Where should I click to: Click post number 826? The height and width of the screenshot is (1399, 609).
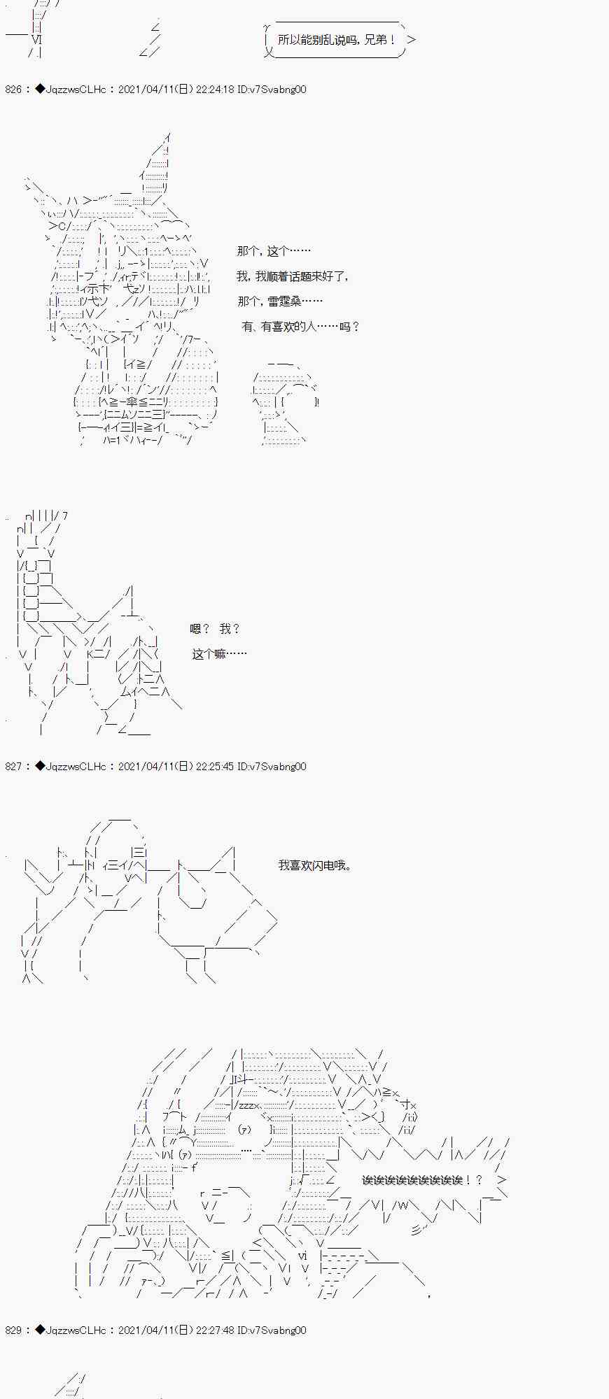(x=14, y=90)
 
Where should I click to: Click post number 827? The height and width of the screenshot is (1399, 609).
(x=14, y=767)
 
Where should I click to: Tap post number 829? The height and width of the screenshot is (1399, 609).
(x=14, y=1330)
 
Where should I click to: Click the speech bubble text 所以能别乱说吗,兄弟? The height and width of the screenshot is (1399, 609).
(x=337, y=40)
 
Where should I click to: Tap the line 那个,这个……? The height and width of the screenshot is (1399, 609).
(x=274, y=251)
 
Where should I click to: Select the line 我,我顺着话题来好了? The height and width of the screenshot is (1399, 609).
(x=293, y=276)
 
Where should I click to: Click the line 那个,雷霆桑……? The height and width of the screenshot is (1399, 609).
(x=280, y=301)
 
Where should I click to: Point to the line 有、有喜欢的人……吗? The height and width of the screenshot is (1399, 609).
(x=300, y=327)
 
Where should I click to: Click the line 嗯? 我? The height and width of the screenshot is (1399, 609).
(x=215, y=629)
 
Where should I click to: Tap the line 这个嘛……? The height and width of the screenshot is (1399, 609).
(x=219, y=654)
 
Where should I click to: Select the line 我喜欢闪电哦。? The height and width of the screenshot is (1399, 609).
(x=315, y=865)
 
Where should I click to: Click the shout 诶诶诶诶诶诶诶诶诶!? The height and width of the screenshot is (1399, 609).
(x=422, y=1180)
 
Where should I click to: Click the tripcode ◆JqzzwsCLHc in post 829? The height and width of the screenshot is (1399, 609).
(x=71, y=1330)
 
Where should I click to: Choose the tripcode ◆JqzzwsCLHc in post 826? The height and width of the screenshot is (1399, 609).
(x=71, y=90)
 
